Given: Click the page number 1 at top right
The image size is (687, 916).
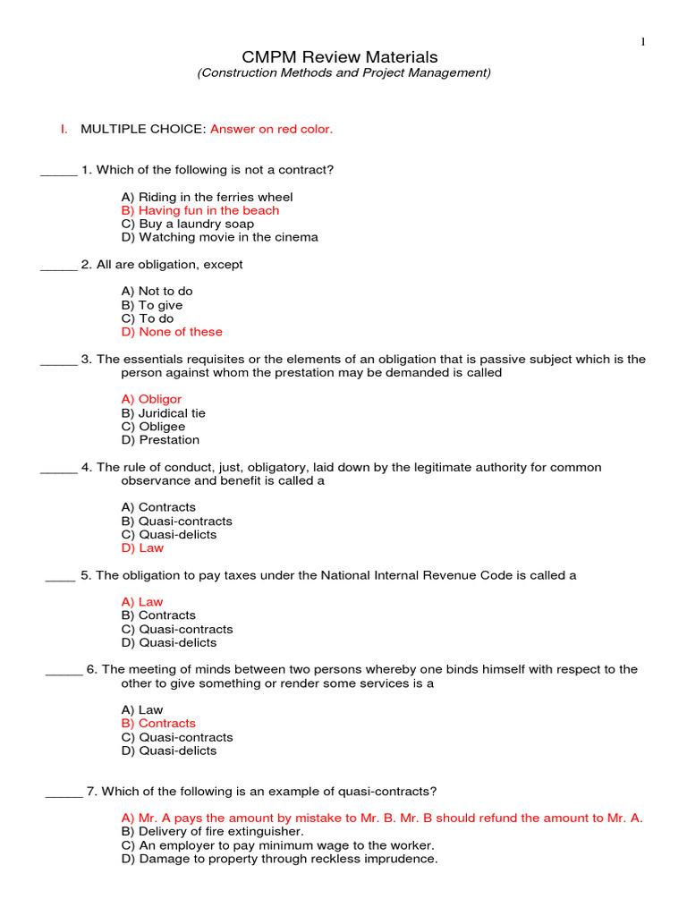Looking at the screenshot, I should click(x=642, y=41).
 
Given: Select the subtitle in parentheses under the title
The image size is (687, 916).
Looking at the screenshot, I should click(x=343, y=73).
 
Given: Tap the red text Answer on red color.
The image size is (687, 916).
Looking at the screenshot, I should click(x=271, y=129).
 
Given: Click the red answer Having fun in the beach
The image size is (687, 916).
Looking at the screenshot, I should click(x=199, y=210).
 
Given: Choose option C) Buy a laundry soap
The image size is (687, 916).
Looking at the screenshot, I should click(x=187, y=224).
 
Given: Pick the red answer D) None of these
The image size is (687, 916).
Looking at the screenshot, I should click(x=172, y=332).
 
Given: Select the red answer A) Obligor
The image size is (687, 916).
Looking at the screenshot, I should click(x=151, y=399).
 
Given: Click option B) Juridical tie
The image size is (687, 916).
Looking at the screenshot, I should click(x=163, y=413).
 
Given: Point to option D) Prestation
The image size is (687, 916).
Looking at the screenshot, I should click(x=160, y=440).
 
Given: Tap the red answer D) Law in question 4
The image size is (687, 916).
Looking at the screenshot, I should click(x=142, y=547).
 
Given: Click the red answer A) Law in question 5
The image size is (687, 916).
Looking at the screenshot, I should click(x=142, y=602).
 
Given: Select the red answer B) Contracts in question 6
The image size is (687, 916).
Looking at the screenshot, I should click(x=158, y=723).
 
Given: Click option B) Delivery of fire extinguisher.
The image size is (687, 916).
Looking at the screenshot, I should click(x=212, y=831).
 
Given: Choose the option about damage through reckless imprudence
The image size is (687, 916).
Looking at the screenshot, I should click(x=279, y=859).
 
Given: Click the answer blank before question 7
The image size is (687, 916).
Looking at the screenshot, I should click(x=64, y=793).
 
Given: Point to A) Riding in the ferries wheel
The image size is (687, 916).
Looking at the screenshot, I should click(x=207, y=197).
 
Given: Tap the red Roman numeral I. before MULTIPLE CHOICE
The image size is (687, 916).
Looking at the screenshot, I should click(x=64, y=129).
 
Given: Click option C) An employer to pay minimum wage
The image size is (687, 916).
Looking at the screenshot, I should click(x=277, y=845).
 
